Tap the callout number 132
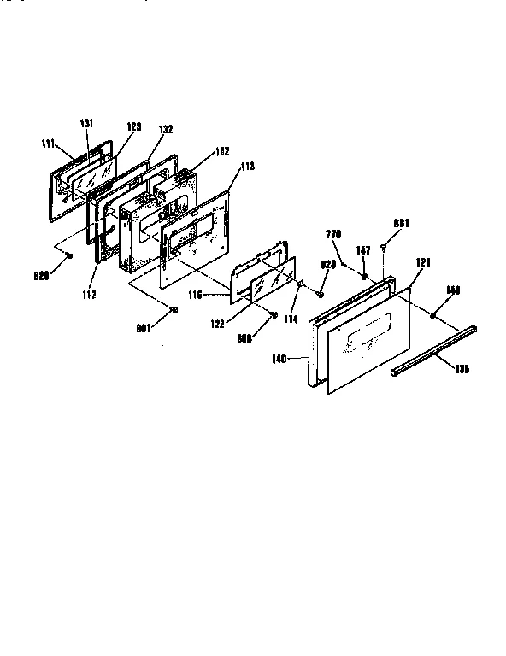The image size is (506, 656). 165,129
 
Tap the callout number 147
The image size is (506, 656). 364,251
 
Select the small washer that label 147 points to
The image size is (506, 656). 365,276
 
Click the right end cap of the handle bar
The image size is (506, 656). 473,328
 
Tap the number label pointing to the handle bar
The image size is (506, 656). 462,370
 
